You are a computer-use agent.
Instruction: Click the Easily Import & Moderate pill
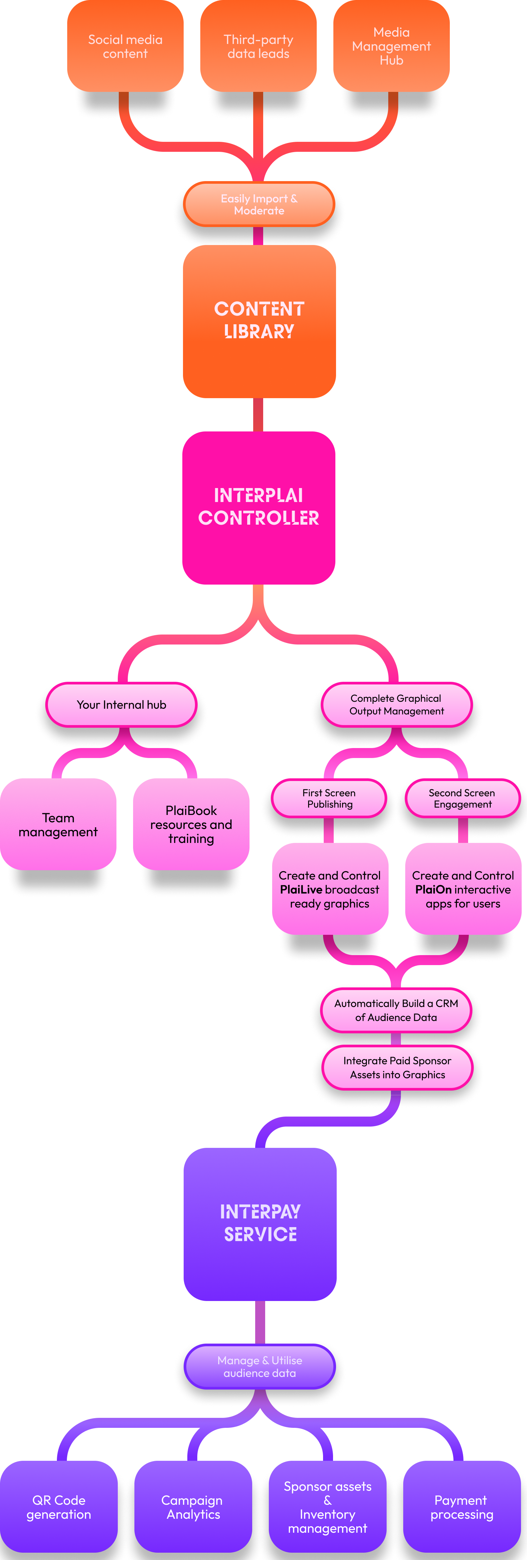(x=259, y=205)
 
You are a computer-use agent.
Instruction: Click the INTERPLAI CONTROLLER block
(x=259, y=507)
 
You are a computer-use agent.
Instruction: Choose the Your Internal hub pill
(x=122, y=705)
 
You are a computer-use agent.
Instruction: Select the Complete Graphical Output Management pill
(x=396, y=705)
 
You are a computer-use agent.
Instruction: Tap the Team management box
(x=58, y=825)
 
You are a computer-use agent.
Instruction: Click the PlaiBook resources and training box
(x=191, y=825)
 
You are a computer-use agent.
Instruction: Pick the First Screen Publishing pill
(x=329, y=799)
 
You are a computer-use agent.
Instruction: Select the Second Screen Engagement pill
(x=462, y=799)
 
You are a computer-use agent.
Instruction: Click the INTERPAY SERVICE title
(x=260, y=1223)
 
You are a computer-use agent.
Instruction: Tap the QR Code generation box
(x=59, y=1507)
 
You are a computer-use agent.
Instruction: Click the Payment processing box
(x=462, y=1507)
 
